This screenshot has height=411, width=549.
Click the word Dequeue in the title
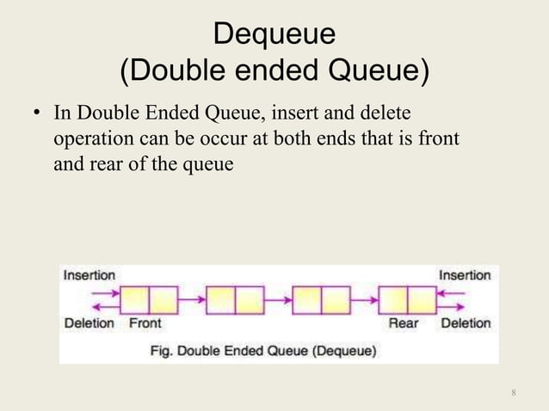point(274,35)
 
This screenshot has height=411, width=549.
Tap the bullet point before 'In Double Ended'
point(38,114)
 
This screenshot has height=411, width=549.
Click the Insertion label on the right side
point(465,274)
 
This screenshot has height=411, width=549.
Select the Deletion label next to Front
point(89,323)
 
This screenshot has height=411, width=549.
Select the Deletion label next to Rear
point(465,323)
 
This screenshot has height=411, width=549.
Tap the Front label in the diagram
point(145,323)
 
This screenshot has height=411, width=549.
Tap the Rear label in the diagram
point(404,323)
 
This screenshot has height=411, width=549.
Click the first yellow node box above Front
point(149,299)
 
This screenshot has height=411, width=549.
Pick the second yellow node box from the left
point(235,299)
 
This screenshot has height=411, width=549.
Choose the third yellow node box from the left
point(321,299)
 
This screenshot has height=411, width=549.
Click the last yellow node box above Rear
point(407,299)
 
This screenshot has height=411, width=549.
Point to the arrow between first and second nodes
point(192,299)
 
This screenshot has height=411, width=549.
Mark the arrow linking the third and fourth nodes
point(364,299)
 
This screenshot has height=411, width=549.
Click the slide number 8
point(513,393)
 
